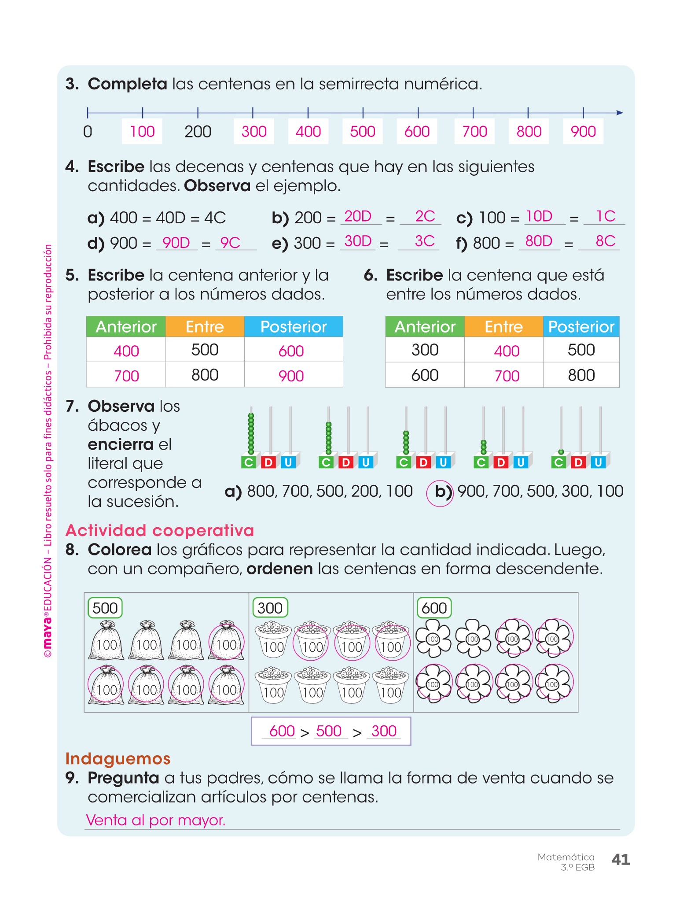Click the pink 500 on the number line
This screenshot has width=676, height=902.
click(x=363, y=131)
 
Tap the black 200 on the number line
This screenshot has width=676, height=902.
click(x=198, y=131)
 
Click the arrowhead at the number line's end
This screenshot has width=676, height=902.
click(x=620, y=113)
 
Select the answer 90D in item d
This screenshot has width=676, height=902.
click(x=176, y=243)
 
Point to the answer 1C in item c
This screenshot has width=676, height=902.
click(x=606, y=216)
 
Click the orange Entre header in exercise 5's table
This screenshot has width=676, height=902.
click(x=205, y=327)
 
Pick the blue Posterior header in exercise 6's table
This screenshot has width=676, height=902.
click(x=581, y=327)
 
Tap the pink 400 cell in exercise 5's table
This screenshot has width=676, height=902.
click(x=126, y=351)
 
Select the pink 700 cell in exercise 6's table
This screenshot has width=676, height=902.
click(x=507, y=376)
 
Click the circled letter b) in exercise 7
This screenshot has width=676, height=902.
click(x=441, y=492)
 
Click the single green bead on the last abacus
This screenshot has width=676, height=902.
click(x=561, y=452)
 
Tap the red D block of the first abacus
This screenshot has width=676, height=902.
click(x=268, y=462)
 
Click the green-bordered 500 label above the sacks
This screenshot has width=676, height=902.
click(x=105, y=608)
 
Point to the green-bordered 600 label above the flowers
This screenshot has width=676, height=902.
click(x=434, y=608)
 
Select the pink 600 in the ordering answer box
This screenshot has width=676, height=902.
click(x=282, y=731)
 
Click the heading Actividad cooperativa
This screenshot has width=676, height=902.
click(x=160, y=531)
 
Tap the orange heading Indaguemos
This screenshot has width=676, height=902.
click(x=118, y=759)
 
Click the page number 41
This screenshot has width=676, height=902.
click(x=621, y=859)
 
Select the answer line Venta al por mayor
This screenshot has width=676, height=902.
click(x=156, y=820)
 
